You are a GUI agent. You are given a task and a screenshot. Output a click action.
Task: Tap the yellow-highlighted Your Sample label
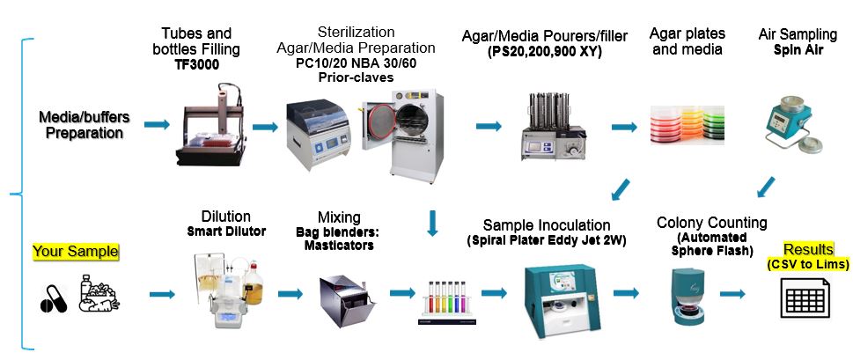pos(76,252)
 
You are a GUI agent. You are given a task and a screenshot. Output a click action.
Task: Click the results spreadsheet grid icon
pos(805,298)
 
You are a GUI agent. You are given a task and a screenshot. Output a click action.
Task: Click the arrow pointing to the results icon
pos(734,293)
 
